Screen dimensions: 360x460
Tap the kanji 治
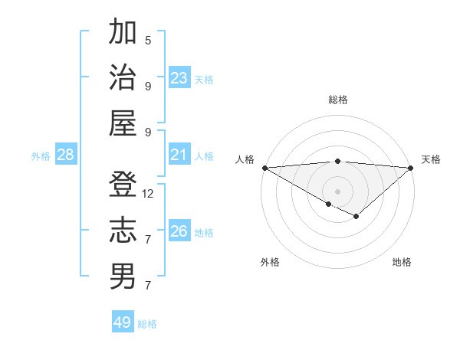(123, 77)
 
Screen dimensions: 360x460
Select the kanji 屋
(123, 123)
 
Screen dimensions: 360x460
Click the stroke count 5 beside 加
(148, 40)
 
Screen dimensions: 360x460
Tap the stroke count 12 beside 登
(148, 194)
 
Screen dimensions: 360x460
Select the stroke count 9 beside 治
(148, 86)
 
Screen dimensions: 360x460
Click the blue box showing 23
(179, 78)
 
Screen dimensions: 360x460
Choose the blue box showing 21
(179, 155)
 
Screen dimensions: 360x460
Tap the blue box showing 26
(179, 232)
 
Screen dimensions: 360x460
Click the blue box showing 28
(65, 155)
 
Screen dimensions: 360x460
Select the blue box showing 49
(122, 322)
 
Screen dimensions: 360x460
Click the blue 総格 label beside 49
(147, 324)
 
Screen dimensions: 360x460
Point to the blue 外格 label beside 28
(41, 156)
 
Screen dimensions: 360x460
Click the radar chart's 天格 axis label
(431, 159)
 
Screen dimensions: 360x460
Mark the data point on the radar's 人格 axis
(264, 168)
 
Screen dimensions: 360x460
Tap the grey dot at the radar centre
(337, 191)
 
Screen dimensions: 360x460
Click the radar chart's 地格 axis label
(402, 262)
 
